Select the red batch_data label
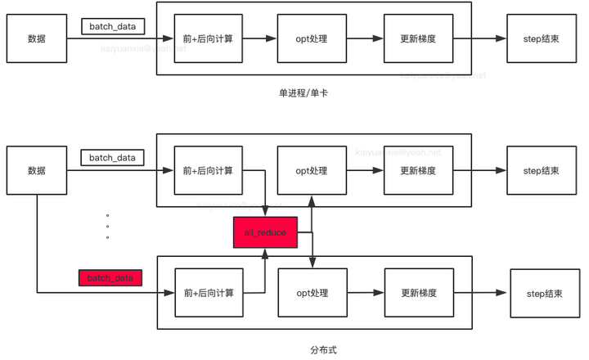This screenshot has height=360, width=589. (110, 278)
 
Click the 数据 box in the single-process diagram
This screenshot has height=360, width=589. (37, 38)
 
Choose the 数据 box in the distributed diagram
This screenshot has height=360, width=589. (37, 170)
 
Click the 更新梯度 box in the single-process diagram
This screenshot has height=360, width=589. (418, 38)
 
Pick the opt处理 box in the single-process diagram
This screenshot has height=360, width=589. (312, 38)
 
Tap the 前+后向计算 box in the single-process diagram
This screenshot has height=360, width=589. (209, 38)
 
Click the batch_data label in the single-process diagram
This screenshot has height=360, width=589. (113, 26)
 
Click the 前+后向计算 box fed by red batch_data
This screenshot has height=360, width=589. (209, 293)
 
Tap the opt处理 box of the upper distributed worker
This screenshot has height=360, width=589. (312, 170)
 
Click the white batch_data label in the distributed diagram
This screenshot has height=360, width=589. (112, 157)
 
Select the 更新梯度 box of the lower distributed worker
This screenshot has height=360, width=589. (418, 293)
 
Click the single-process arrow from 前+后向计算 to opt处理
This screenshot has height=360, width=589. (260, 38)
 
